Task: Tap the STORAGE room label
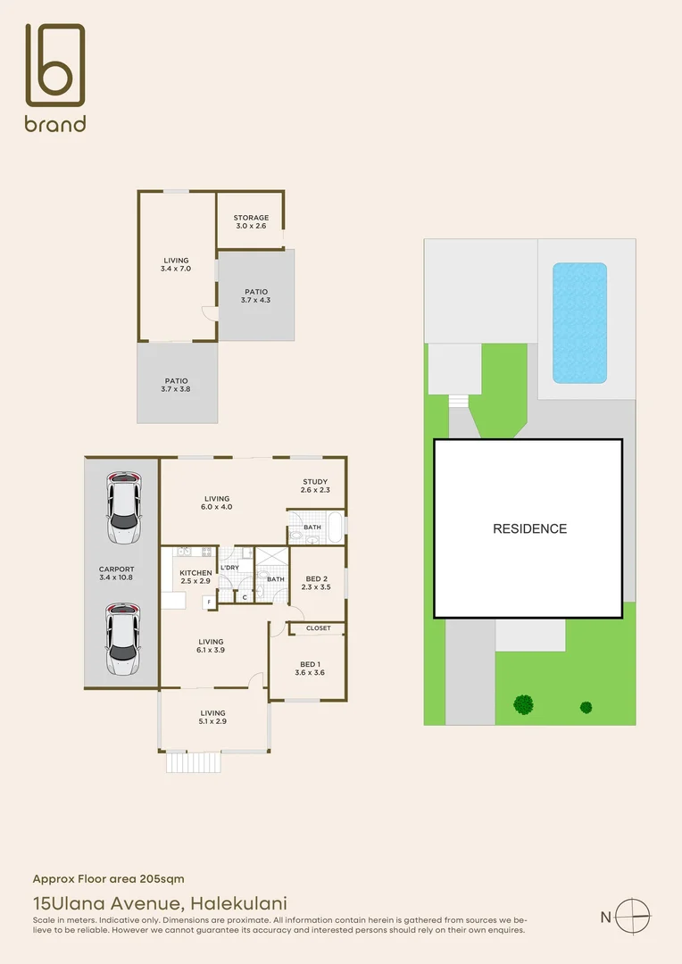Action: point(251,218)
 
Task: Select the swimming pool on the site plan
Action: point(579,322)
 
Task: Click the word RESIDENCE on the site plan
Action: point(529,528)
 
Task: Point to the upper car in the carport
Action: point(123,508)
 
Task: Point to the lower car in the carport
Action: point(123,639)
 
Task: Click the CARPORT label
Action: point(117,569)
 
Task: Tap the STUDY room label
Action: point(315,482)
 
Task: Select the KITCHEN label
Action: point(195,573)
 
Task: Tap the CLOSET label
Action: point(318,628)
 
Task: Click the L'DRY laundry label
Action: point(229,568)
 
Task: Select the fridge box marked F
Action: point(209,602)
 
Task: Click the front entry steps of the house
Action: point(193,762)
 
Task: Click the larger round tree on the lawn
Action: point(523,704)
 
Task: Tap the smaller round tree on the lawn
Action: point(586,707)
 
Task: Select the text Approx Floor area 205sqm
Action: point(109,879)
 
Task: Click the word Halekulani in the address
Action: point(241,903)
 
